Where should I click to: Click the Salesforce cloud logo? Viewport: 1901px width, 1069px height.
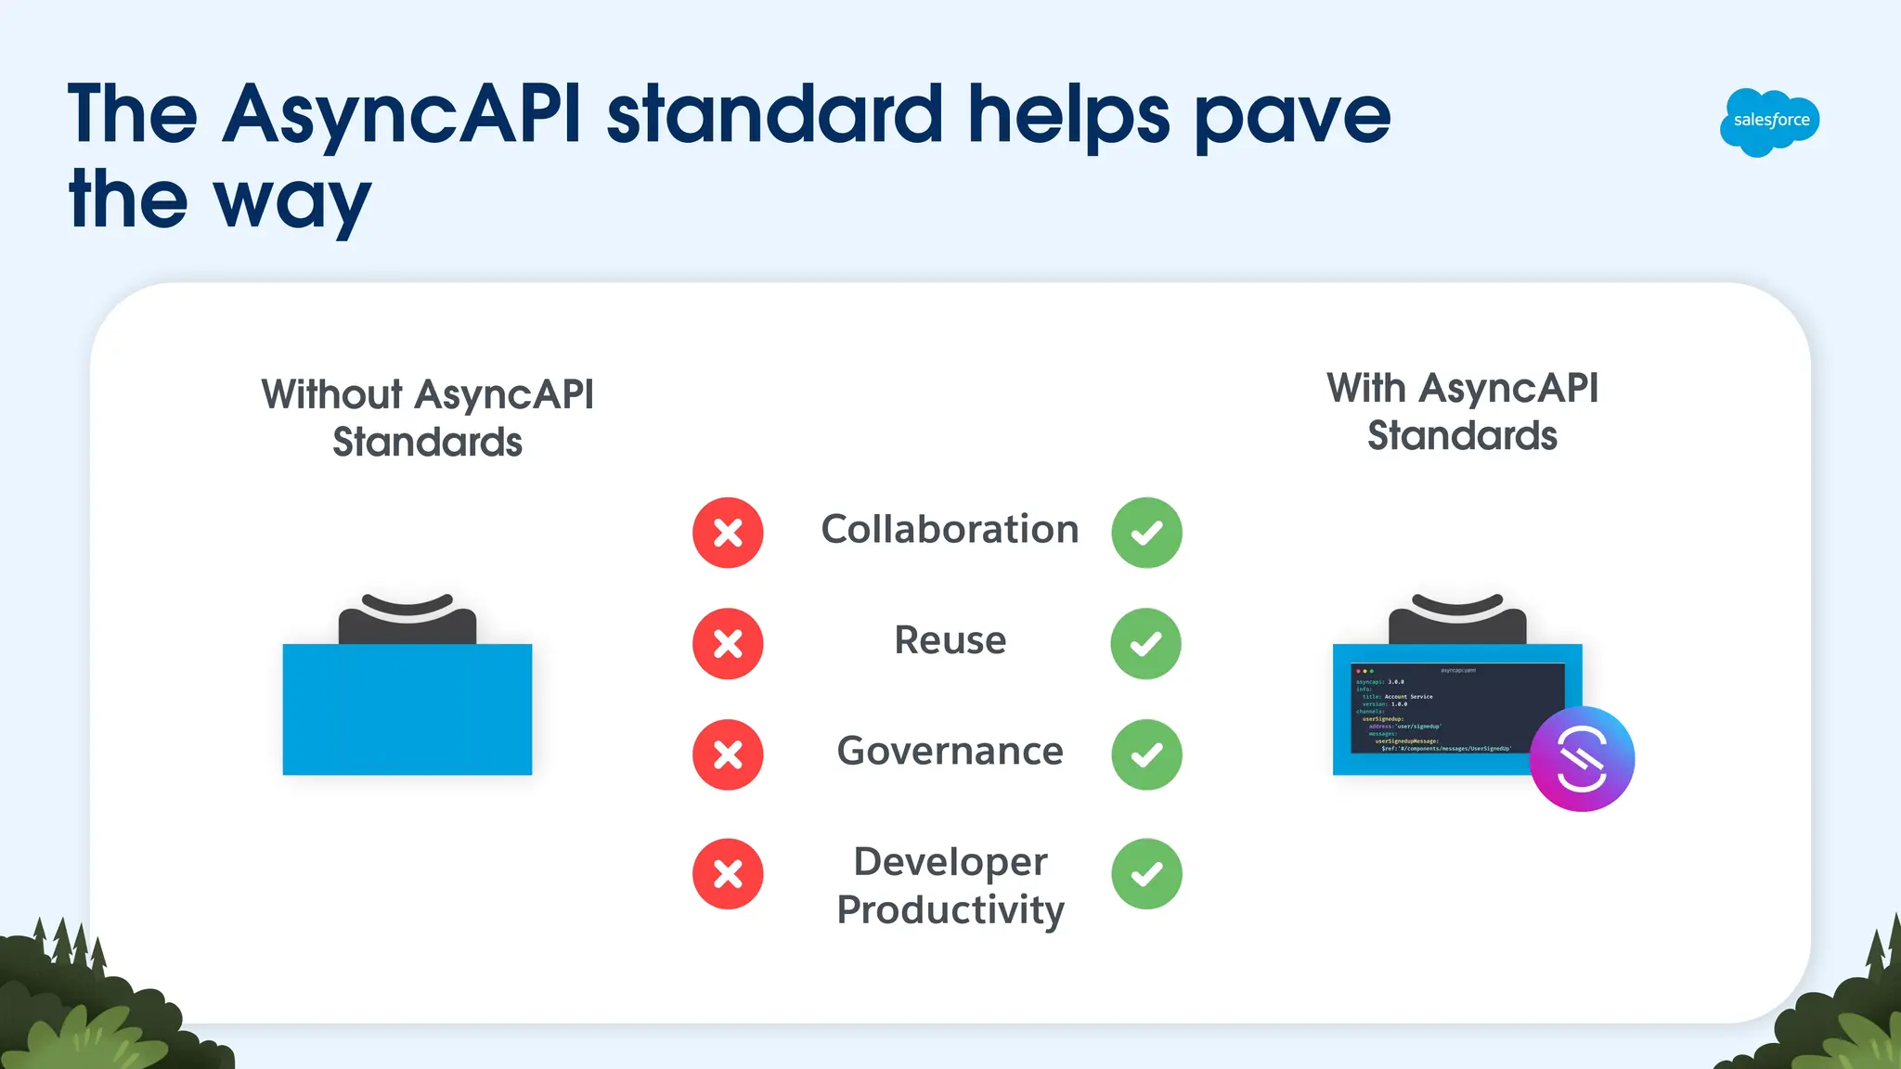coord(1769,122)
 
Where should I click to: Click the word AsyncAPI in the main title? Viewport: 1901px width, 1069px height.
coord(402,115)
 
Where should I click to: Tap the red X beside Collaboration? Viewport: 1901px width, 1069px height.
coord(728,533)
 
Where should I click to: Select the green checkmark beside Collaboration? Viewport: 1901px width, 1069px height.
coord(1146,533)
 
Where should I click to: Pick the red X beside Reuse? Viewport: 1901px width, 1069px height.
coord(728,643)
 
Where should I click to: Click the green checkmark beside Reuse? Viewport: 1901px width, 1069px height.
coord(1146,643)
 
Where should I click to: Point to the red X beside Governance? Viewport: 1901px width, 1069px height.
coord(728,754)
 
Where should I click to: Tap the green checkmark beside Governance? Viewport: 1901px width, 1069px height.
coord(1146,754)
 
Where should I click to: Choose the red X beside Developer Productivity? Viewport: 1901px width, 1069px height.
coord(728,873)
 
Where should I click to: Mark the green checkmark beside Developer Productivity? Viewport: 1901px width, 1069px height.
coord(1146,873)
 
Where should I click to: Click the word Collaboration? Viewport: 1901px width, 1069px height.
coord(950,529)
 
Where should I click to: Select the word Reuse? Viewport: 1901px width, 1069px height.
coord(950,640)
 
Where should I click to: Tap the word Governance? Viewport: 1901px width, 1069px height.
coord(950,751)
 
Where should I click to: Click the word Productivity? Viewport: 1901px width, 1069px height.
coord(950,909)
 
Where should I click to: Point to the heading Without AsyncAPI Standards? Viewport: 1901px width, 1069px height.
coord(428,418)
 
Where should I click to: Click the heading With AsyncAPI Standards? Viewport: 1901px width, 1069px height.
coord(1462,412)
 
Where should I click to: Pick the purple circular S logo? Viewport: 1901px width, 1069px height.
coord(1582,759)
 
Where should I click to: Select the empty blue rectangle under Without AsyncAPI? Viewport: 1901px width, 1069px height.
coord(407,709)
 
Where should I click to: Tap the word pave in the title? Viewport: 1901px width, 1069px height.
coord(1292,117)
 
